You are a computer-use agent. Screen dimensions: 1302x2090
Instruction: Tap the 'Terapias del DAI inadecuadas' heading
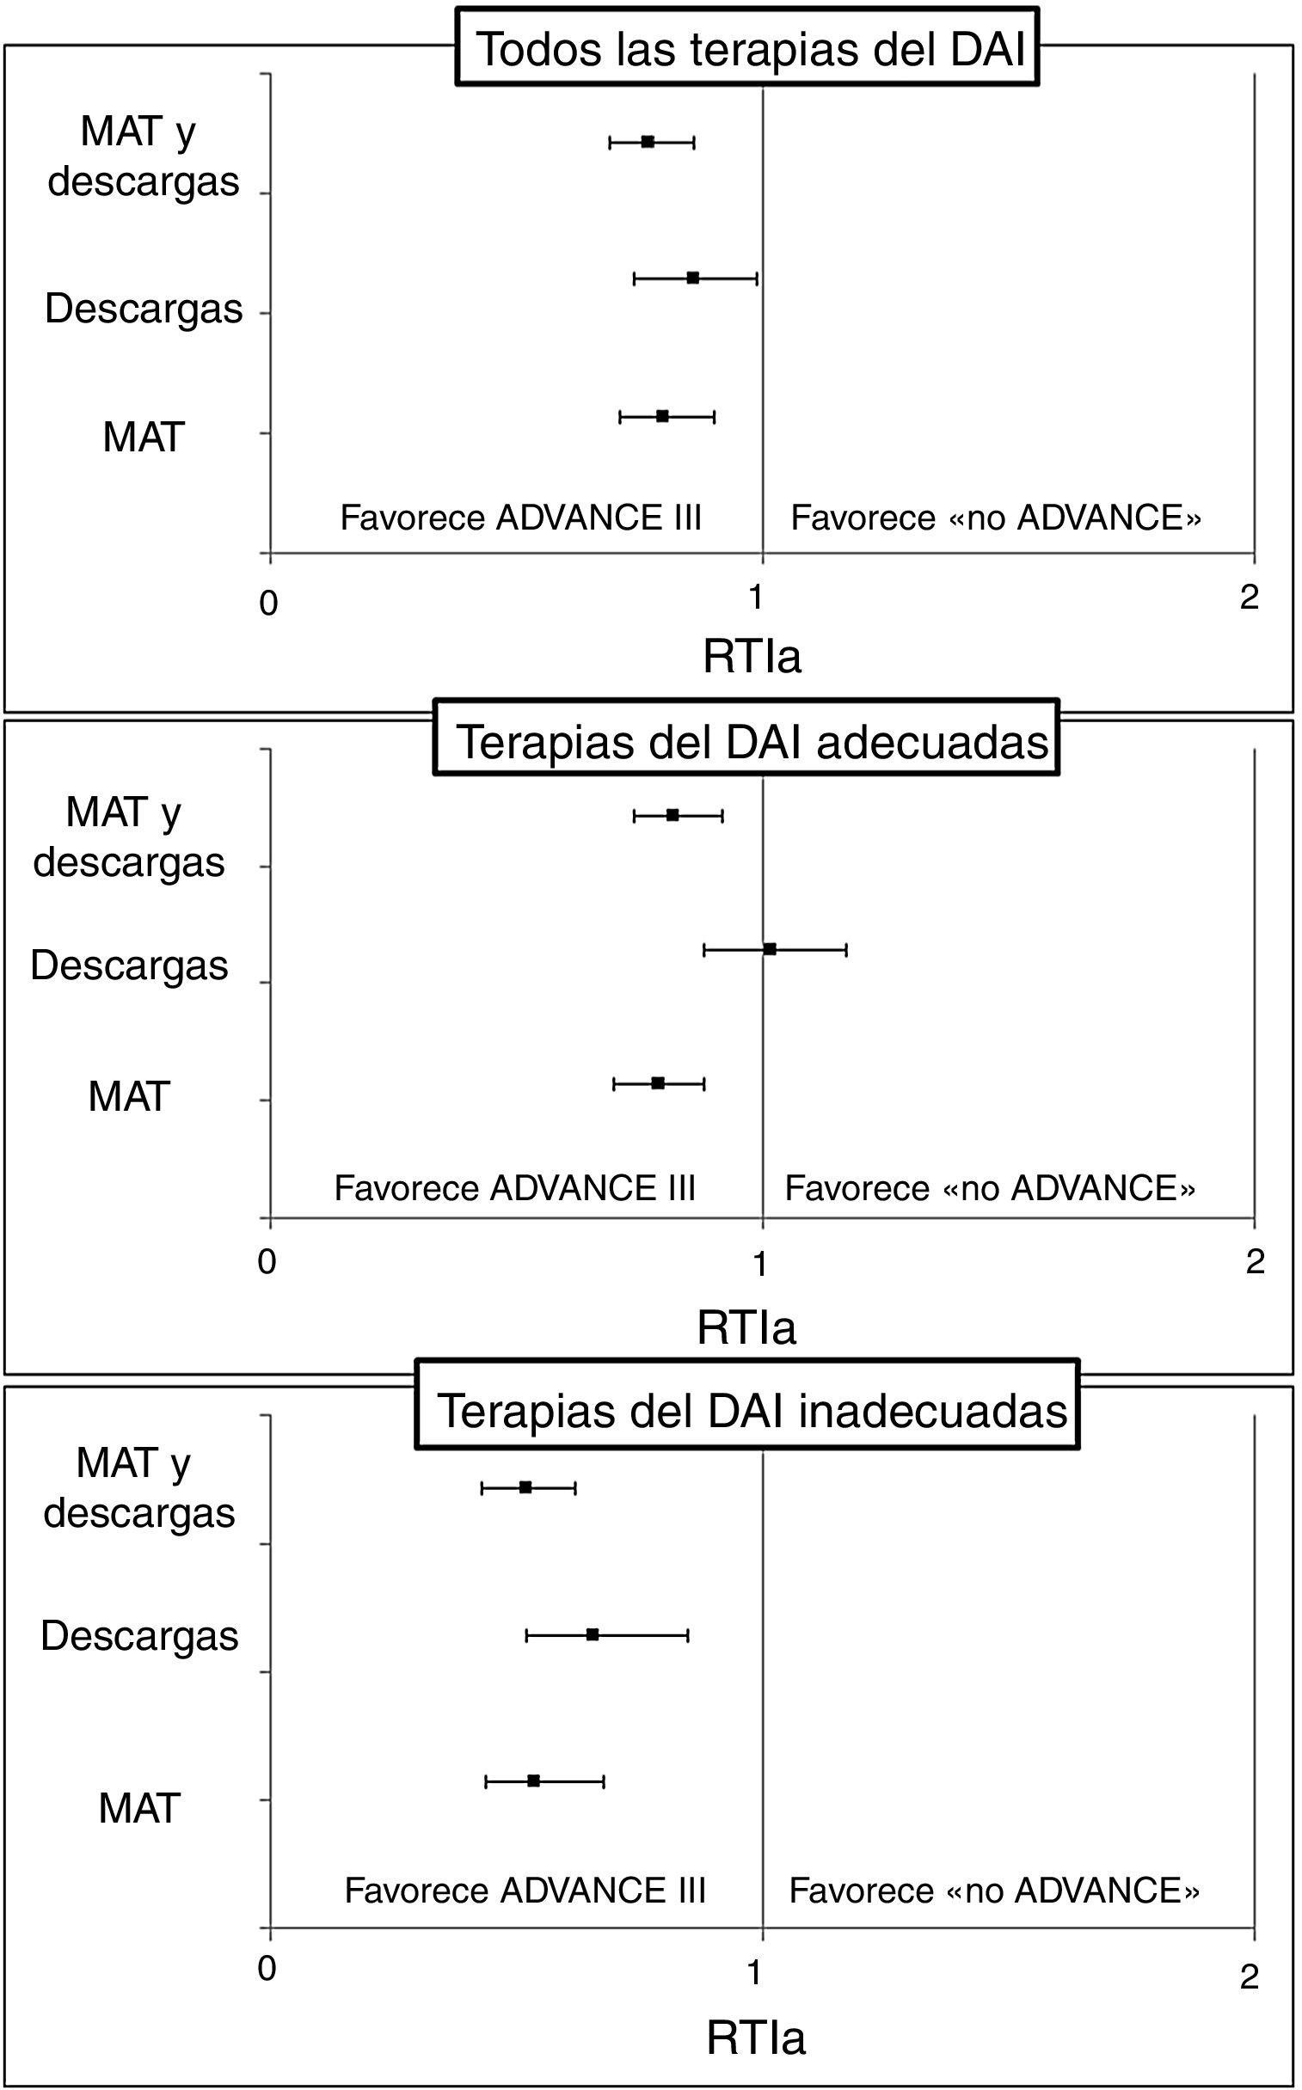pyautogui.click(x=747, y=1410)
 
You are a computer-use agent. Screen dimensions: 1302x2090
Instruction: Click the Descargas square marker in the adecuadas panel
pyautogui.click(x=770, y=949)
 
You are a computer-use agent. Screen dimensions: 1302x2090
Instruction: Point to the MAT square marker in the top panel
pyautogui.click(x=662, y=417)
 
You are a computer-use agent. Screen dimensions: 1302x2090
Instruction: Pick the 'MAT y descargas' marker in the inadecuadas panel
pyautogui.click(x=525, y=1487)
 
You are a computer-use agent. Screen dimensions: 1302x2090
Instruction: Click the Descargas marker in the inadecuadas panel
pyautogui.click(x=593, y=1634)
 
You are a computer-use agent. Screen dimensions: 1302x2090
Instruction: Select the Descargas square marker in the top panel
pyautogui.click(x=693, y=278)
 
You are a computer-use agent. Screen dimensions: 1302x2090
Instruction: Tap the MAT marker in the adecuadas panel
pyautogui.click(x=658, y=1083)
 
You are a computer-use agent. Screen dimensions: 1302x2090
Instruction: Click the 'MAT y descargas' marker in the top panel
pyautogui.click(x=648, y=142)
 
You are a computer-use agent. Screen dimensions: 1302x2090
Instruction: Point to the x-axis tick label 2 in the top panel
pyautogui.click(x=1250, y=598)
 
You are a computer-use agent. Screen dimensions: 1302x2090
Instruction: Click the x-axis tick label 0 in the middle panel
pyautogui.click(x=267, y=1262)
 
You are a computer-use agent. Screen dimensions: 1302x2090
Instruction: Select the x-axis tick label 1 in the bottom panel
pyautogui.click(x=755, y=1973)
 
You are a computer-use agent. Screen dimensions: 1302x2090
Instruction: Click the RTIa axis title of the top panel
pyautogui.click(x=752, y=657)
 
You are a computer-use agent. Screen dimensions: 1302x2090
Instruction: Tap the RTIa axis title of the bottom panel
pyautogui.click(x=755, y=2038)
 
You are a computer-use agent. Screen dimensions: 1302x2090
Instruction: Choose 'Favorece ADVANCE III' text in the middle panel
pyautogui.click(x=514, y=1189)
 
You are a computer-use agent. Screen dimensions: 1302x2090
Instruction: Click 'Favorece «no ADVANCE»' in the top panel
pyautogui.click(x=996, y=518)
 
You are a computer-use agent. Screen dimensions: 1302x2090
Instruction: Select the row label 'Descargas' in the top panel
pyautogui.click(x=144, y=309)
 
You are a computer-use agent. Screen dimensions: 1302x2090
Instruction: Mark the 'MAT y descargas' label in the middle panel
pyautogui.click(x=127, y=837)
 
